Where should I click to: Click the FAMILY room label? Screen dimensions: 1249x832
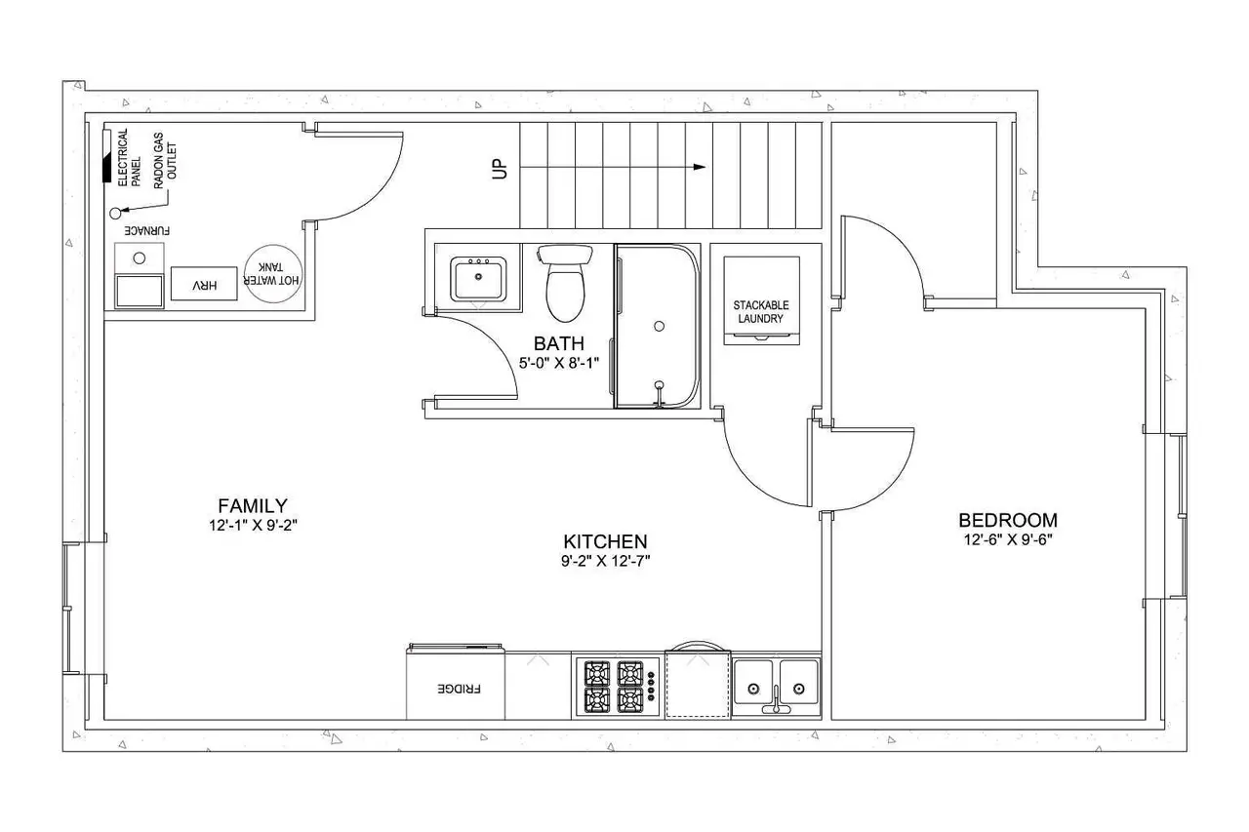[x=253, y=506]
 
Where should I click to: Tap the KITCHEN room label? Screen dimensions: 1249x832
[x=605, y=541]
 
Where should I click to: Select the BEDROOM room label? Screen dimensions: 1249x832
[x=1008, y=521]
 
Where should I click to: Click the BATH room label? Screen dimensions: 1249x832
[x=559, y=343]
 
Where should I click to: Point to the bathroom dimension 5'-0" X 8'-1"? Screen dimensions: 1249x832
[x=559, y=364]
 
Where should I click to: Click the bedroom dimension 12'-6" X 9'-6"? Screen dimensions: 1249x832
[x=1008, y=540]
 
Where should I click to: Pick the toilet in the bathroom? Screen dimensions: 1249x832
[x=565, y=283]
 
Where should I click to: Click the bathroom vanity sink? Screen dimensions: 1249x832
[x=478, y=278]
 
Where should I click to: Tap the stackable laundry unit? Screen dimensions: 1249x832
[x=761, y=300]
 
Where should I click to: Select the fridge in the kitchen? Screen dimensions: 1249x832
[x=456, y=682]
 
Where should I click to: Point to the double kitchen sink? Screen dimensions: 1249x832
[x=776, y=687]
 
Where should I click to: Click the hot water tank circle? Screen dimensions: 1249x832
[x=273, y=274]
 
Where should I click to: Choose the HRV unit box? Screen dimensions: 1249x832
[x=204, y=284]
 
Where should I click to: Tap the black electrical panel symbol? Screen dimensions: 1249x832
[x=106, y=157]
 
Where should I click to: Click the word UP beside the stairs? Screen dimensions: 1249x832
[x=500, y=169]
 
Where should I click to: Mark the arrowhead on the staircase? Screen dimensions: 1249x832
[x=700, y=167]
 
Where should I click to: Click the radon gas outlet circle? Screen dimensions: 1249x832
[x=115, y=213]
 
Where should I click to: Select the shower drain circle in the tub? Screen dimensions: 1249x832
[x=659, y=326]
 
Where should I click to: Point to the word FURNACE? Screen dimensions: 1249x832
[x=146, y=231]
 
